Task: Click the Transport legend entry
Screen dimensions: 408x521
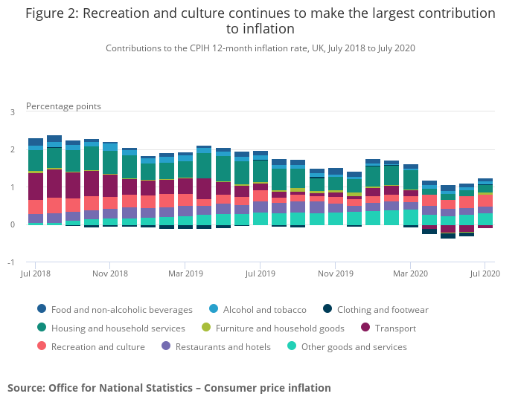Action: point(393,328)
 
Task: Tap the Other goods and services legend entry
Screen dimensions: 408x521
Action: point(354,347)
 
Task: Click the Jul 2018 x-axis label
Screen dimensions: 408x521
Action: point(36,274)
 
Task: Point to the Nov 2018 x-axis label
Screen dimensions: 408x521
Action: point(109,274)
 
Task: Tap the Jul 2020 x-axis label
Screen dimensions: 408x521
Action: point(485,274)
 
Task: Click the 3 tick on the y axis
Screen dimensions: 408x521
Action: point(12,112)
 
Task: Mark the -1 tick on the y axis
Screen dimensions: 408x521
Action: point(10,262)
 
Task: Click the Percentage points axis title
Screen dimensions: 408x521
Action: point(63,106)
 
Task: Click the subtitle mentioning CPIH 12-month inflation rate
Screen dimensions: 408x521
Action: point(260,48)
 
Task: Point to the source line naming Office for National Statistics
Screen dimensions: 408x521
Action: point(169,388)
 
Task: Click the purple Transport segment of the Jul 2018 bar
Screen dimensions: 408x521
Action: point(36,187)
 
